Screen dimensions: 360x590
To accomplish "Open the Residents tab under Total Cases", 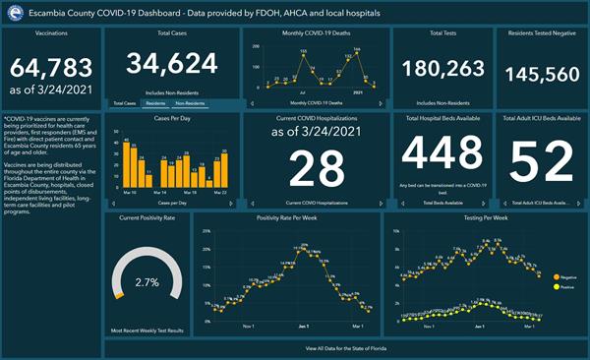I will pos(154,103).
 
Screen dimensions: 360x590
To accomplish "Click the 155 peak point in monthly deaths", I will pos(304,58).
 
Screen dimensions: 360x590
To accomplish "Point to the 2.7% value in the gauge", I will pos(147,282).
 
